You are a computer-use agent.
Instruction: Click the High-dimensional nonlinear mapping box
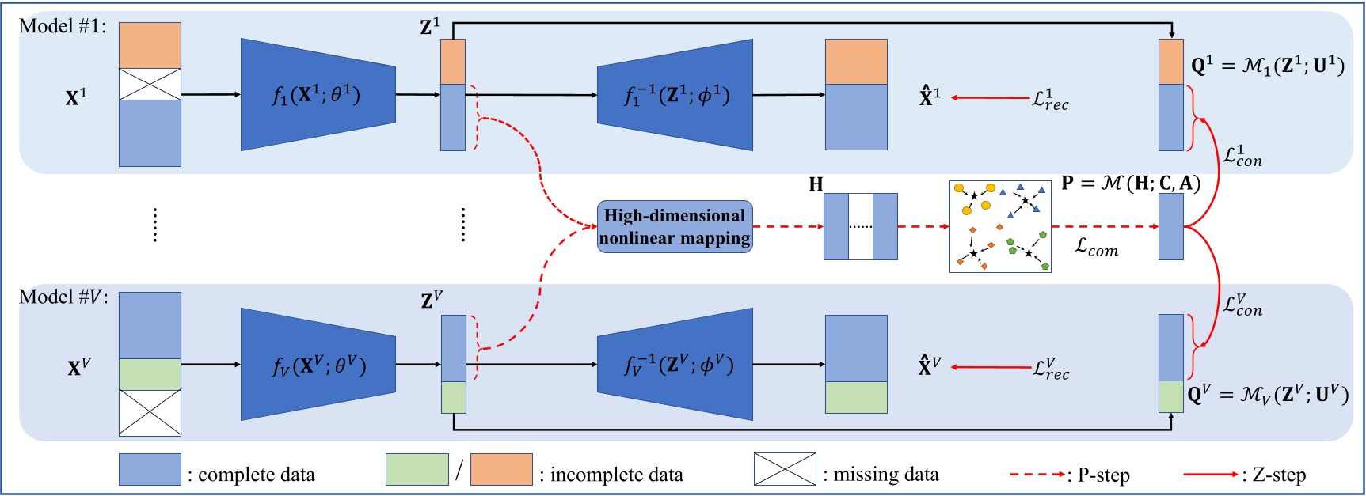click(674, 227)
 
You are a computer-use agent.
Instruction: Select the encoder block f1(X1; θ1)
click(318, 95)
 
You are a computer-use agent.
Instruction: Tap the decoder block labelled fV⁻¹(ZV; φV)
click(675, 365)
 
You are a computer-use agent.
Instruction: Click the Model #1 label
click(62, 26)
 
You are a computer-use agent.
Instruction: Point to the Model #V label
click(63, 297)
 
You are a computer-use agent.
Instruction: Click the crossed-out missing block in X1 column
click(150, 84)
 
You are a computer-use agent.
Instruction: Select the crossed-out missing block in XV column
click(150, 412)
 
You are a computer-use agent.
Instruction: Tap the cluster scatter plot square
click(1000, 226)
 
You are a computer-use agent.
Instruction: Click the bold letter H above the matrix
click(816, 184)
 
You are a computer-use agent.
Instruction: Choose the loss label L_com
click(1096, 247)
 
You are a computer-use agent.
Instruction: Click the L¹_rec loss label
click(1050, 100)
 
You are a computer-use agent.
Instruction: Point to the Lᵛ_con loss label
click(1242, 305)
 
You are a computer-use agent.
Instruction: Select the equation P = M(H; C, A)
click(1130, 184)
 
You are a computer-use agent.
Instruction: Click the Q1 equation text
click(1267, 66)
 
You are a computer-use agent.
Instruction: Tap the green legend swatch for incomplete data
click(417, 469)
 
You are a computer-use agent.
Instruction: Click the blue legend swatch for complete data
click(150, 469)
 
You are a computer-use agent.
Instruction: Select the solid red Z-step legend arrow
click(1210, 474)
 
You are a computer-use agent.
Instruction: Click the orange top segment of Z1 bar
click(453, 62)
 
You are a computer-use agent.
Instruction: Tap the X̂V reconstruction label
click(929, 366)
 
